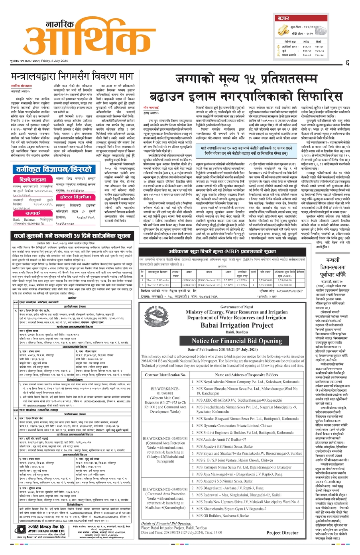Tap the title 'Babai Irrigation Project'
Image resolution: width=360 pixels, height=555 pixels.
point(237,326)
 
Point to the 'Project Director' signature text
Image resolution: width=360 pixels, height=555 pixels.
point(282,532)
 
